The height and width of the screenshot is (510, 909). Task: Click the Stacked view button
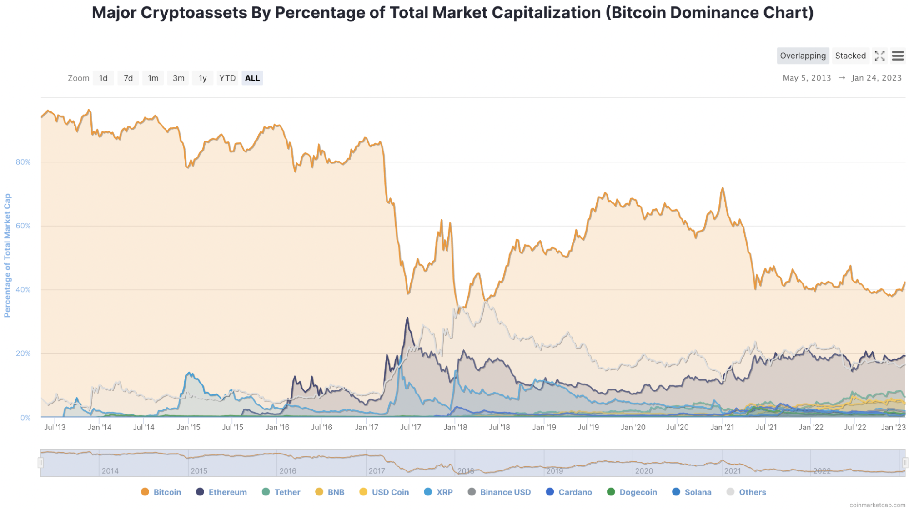coord(850,56)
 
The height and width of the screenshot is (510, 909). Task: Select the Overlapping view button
coord(803,56)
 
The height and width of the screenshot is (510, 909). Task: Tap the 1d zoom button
coord(103,78)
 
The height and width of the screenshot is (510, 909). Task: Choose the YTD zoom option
coord(227,78)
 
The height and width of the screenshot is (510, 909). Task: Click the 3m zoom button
coord(178,78)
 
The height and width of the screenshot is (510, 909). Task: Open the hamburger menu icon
coord(898,56)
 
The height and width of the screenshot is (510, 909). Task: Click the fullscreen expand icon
coord(879,56)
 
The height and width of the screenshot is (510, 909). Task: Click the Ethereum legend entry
coord(221,492)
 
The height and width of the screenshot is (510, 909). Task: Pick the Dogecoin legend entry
coord(632,492)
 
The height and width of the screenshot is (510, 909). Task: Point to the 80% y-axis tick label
coord(23,162)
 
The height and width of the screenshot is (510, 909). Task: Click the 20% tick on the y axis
coord(23,353)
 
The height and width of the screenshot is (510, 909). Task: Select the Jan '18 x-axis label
coord(455,427)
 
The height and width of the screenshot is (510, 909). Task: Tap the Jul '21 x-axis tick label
coord(766,427)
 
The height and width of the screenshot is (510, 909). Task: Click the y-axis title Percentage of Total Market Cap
coord(7,255)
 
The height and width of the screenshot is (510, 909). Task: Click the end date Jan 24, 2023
coord(876,78)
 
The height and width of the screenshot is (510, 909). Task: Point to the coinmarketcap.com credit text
coord(877,505)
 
